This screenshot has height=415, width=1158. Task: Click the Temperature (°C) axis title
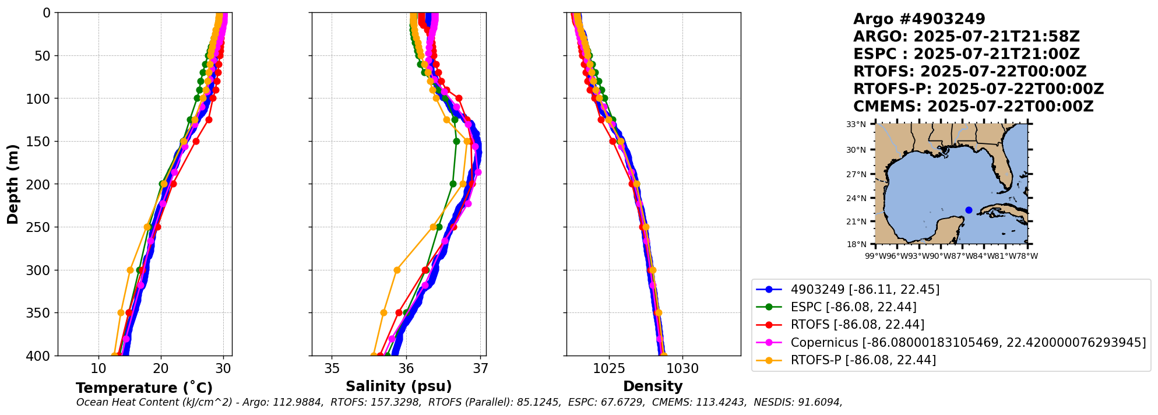point(144,388)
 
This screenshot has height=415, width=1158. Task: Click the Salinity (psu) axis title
point(399,386)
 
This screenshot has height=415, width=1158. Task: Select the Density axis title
point(653,386)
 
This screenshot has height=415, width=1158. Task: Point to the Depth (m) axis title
point(13,184)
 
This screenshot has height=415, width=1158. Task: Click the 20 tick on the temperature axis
point(161,369)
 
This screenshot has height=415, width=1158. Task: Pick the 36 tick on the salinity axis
point(406,369)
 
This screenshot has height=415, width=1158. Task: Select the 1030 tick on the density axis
point(682,369)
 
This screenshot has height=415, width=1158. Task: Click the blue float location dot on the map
point(969,210)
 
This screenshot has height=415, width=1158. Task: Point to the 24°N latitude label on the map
point(856,198)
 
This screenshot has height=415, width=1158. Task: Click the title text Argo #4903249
point(919,19)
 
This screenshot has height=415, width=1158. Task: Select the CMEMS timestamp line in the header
point(973,107)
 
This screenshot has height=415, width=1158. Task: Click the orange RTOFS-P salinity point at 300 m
point(397,270)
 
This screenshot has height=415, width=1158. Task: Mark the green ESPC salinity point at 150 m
point(456,141)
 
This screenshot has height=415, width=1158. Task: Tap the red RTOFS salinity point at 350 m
point(399,312)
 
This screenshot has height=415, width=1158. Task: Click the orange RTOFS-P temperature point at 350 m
point(121,312)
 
